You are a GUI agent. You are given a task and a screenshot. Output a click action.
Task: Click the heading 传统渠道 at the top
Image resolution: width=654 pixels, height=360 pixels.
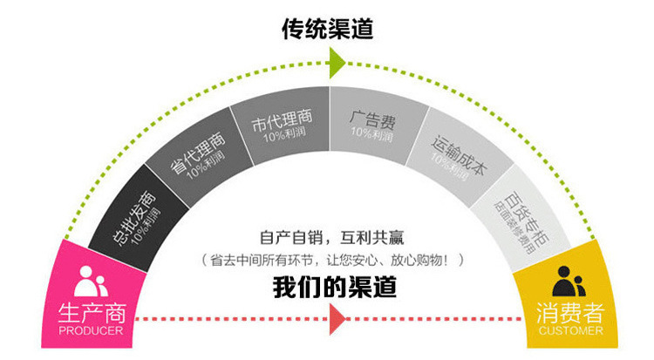327,29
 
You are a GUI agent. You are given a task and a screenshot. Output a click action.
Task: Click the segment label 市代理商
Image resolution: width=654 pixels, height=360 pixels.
276,122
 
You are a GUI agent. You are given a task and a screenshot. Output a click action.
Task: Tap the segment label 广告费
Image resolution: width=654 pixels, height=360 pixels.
369,117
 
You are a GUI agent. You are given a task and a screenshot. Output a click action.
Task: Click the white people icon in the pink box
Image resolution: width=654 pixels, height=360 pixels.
91,281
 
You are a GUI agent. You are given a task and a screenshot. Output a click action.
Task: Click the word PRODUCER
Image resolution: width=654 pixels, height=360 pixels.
91,331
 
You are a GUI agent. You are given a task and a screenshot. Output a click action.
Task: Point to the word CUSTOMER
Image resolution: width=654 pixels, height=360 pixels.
570,331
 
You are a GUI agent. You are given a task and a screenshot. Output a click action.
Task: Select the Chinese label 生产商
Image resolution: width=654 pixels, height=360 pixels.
91,313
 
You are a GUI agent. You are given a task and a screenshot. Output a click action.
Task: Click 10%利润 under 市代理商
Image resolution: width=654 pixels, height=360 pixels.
276,139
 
